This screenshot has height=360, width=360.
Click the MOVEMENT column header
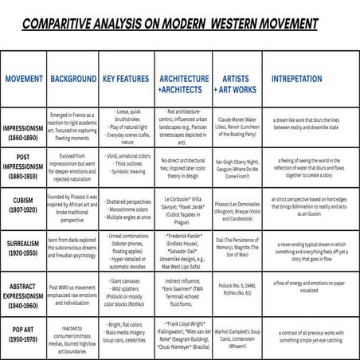(24, 80)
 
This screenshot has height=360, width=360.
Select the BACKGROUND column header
(72, 80)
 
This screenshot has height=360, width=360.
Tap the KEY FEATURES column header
(126, 80)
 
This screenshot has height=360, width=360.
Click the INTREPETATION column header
(297, 80)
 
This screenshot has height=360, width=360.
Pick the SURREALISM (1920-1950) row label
(24, 252)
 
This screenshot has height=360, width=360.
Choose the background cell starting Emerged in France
(72, 127)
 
